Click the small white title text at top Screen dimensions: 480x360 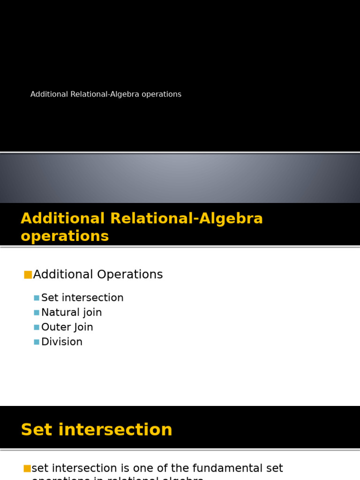(105, 94)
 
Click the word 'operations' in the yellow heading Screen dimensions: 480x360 (65, 236)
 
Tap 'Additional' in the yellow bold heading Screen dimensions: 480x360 (63, 218)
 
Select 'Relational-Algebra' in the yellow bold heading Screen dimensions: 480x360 (187, 218)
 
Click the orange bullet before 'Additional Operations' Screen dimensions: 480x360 (28, 275)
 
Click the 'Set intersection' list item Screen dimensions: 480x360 (82, 298)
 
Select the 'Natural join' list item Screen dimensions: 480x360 (71, 312)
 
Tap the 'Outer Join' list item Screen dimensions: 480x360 (67, 327)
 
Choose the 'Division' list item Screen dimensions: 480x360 (61, 342)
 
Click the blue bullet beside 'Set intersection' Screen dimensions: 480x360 (37, 298)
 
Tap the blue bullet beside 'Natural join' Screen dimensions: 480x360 (37, 313)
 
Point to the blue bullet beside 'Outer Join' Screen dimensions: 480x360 (37, 327)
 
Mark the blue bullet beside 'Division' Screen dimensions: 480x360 (37, 342)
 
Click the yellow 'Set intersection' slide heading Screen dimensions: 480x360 (97, 430)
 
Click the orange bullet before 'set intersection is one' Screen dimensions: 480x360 (27, 468)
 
